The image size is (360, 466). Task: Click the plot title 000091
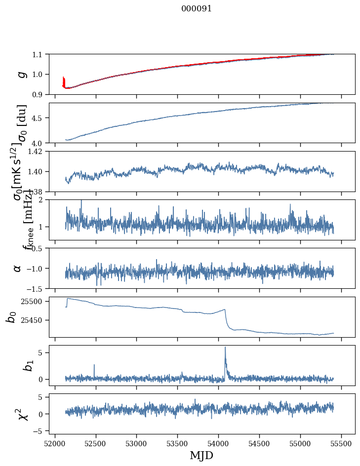click(197, 8)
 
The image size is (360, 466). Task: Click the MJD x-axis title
click(201, 456)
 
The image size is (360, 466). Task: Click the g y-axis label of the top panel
click(21, 74)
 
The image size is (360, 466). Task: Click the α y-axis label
click(17, 268)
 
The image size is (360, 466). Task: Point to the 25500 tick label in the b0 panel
click(34, 301)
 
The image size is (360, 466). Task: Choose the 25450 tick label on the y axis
click(34, 320)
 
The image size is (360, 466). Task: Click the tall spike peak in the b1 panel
click(225, 347)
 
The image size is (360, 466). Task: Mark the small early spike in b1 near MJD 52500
click(94, 365)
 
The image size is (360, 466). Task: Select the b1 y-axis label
click(14, 366)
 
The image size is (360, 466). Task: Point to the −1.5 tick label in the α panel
click(36, 288)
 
